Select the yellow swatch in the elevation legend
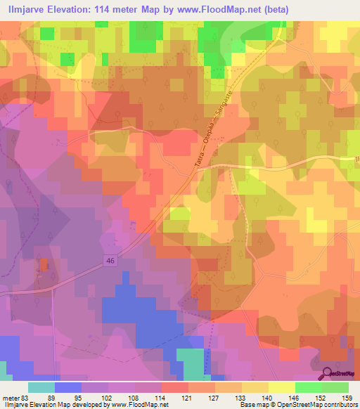281,387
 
